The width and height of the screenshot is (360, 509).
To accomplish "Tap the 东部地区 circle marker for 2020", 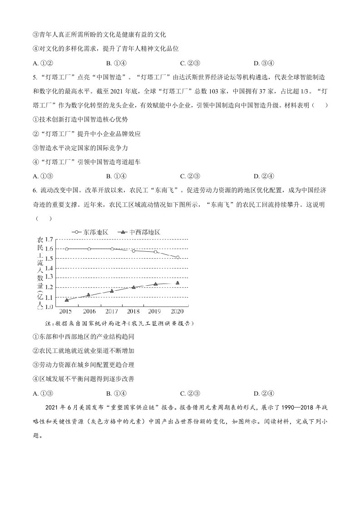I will (x=178, y=257).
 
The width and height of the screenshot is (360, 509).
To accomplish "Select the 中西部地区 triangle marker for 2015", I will (x=67, y=300).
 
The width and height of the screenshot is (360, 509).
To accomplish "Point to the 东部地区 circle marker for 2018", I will (x=133, y=250).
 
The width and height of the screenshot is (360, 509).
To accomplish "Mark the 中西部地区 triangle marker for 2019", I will (x=155, y=284).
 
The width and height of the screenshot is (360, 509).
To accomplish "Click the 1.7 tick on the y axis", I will (x=49, y=239).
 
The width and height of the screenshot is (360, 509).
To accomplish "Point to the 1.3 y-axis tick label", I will (x=49, y=277).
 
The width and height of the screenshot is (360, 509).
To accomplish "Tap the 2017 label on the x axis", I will (x=111, y=312).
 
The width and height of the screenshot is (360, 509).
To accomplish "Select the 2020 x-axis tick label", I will (x=178, y=312).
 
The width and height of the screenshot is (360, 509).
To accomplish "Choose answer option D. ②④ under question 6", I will (x=263, y=393).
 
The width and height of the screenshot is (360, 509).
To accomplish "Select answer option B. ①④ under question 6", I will (x=116, y=393).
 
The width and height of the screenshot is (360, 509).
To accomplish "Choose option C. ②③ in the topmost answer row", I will (x=190, y=63).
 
